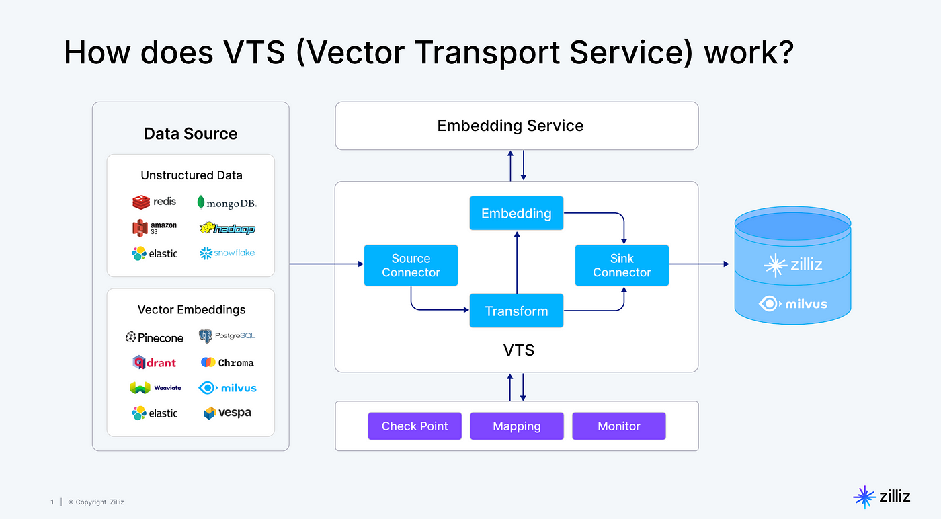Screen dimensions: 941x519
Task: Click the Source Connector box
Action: [411, 265]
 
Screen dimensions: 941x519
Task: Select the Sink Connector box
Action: [622, 265]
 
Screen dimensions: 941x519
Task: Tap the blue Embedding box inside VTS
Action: [516, 213]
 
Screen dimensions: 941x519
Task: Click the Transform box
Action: [516, 311]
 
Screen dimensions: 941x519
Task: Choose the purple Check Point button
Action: [415, 426]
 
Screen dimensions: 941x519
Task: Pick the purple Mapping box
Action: [517, 426]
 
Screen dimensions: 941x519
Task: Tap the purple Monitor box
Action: [619, 426]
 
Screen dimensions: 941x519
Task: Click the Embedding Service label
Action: [510, 126]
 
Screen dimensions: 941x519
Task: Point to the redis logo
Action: [154, 202]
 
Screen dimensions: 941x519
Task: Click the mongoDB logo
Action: [227, 203]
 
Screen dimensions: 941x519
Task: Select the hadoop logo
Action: [227, 228]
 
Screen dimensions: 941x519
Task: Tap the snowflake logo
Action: [227, 253]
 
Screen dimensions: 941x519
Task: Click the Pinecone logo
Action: [155, 337]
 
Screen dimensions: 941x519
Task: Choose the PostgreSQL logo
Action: [227, 336]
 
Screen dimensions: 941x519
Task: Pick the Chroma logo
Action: [227, 362]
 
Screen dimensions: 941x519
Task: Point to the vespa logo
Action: [227, 413]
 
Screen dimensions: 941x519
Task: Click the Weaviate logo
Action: [155, 387]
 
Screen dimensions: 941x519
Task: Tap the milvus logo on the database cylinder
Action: [792, 304]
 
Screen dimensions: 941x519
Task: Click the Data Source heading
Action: [191, 134]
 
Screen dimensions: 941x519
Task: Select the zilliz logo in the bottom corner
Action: [882, 497]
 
